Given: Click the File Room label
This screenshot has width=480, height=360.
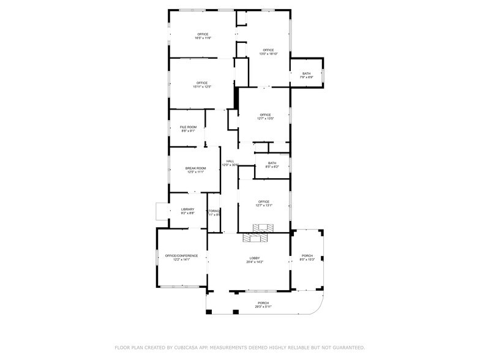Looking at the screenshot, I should [188, 127].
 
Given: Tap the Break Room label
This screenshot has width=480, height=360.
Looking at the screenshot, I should [196, 168].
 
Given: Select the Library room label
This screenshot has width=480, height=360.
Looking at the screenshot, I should [187, 209].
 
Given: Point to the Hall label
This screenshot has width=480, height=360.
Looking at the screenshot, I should [230, 161].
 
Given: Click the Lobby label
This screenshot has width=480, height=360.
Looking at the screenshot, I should [255, 258].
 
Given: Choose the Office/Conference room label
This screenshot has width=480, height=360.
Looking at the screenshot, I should [182, 255].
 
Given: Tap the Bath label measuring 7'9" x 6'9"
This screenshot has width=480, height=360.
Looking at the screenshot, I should [306, 73].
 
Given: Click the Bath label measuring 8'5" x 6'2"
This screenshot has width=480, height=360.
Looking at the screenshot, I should [272, 163].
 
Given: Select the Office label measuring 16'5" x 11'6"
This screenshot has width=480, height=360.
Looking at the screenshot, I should [203, 34].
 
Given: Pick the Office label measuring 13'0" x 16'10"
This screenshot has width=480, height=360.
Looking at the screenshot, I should [268, 50].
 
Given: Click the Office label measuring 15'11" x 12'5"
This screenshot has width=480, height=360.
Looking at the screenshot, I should [203, 83].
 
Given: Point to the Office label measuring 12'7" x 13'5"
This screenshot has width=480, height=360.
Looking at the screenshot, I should [264, 114].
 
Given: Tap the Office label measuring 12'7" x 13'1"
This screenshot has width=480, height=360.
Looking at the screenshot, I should [264, 201].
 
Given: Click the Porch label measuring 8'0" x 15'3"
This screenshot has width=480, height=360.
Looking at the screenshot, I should [307, 255].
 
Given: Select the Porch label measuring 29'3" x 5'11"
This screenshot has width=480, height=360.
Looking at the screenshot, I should [263, 303].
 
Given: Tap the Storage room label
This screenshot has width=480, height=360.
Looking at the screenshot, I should [214, 211].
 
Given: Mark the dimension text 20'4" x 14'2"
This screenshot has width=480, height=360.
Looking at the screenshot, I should [255, 262].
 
